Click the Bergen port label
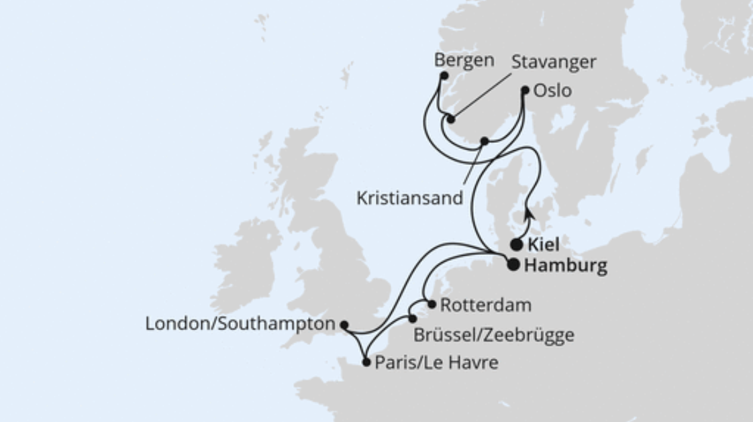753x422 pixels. pyautogui.click(x=464, y=60)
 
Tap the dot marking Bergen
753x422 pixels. pyautogui.click(x=444, y=76)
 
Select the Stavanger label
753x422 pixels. pyautogui.click(x=554, y=62)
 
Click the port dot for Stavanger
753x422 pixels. pyautogui.click(x=451, y=119)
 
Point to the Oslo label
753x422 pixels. pyautogui.click(x=552, y=91)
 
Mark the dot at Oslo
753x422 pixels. pyautogui.click(x=525, y=89)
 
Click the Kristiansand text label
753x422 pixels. pyautogui.click(x=409, y=198)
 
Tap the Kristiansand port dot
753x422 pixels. pyautogui.click(x=484, y=142)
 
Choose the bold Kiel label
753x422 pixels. pyautogui.click(x=544, y=244)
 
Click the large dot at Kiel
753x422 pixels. pyautogui.click(x=516, y=245)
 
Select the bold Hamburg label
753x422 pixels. pyautogui.click(x=565, y=266)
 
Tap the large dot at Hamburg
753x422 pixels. pyautogui.click(x=513, y=265)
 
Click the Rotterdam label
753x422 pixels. pyautogui.click(x=485, y=305)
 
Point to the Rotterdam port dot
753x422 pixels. pyautogui.click(x=432, y=304)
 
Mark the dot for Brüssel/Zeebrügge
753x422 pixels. pyautogui.click(x=413, y=319)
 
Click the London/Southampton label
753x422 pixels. pyautogui.click(x=240, y=324)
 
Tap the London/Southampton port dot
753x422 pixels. pyautogui.click(x=344, y=325)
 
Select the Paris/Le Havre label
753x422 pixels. pyautogui.click(x=436, y=363)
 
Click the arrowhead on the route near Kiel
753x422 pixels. pyautogui.click(x=529, y=214)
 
